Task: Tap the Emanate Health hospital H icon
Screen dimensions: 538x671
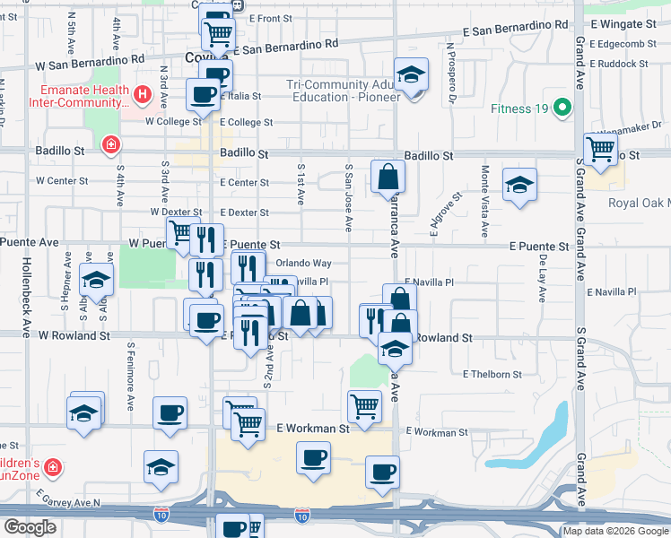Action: tap(141, 94)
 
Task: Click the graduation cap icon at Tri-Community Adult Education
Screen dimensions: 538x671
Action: tap(412, 74)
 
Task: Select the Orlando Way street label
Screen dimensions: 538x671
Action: tap(303, 264)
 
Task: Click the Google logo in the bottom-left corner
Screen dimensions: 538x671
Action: tap(30, 527)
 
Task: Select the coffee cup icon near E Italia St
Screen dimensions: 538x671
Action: tap(203, 92)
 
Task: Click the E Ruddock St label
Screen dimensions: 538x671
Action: tap(619, 65)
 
